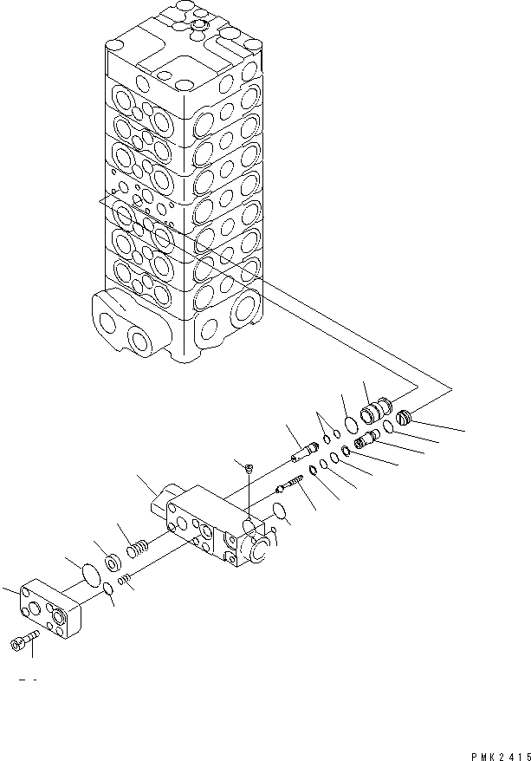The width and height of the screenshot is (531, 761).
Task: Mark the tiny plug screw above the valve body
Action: click(x=248, y=468)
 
